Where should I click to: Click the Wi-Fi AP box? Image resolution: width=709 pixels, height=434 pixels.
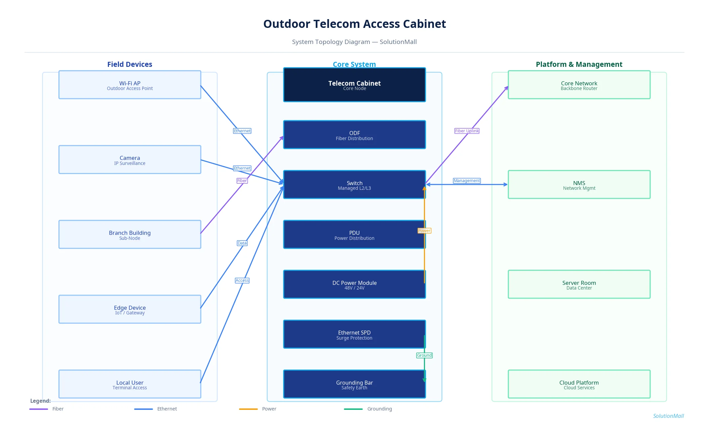coord(130,85)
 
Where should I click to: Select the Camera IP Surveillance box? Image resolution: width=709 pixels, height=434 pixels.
coord(130,160)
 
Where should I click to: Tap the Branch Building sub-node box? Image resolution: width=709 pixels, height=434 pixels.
coord(130,235)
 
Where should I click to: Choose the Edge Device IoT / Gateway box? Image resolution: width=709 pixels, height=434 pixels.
coord(130,309)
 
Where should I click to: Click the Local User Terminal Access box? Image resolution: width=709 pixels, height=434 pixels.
coord(130,384)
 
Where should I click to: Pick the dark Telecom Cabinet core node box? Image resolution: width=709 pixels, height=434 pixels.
coord(354,85)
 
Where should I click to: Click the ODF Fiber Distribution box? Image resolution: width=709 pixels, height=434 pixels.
coord(354,135)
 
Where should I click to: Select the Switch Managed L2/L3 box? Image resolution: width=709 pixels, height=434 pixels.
coord(354,185)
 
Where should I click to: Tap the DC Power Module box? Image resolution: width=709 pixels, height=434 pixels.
coord(354,285)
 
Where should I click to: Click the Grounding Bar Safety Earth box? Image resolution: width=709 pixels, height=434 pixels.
coord(354,384)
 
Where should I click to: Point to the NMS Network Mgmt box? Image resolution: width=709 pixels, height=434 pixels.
coord(579,185)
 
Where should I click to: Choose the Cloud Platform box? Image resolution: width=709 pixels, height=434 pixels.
coord(579,384)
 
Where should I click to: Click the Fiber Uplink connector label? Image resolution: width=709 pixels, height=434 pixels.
coord(467,131)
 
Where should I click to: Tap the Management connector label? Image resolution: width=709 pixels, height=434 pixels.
coord(467,181)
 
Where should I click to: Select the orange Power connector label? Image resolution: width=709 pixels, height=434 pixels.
coord(424,231)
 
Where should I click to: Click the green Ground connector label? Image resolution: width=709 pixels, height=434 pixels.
coord(424,355)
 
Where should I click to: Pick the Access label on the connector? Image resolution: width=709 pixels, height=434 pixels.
coord(242,280)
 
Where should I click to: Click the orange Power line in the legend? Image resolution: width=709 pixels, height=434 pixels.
coord(248,409)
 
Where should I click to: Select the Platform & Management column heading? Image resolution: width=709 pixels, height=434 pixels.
coord(579,64)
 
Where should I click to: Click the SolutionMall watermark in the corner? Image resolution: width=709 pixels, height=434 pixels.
coord(668,416)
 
